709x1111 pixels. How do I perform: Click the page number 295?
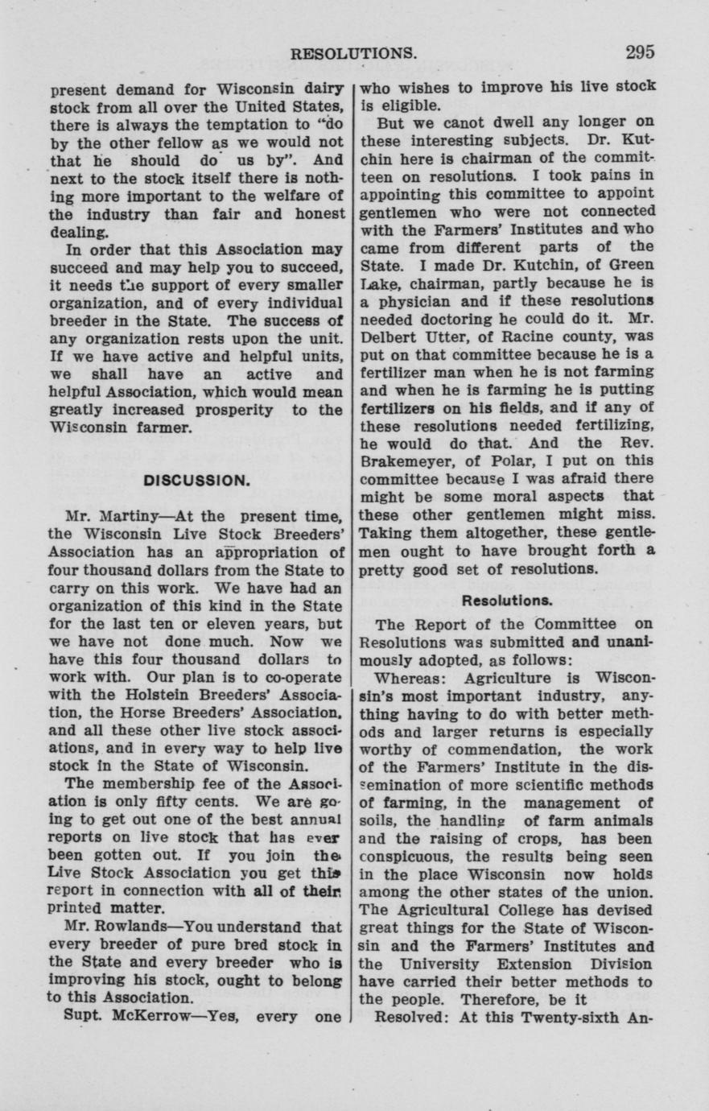639,52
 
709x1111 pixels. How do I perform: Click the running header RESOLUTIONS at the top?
353,54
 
